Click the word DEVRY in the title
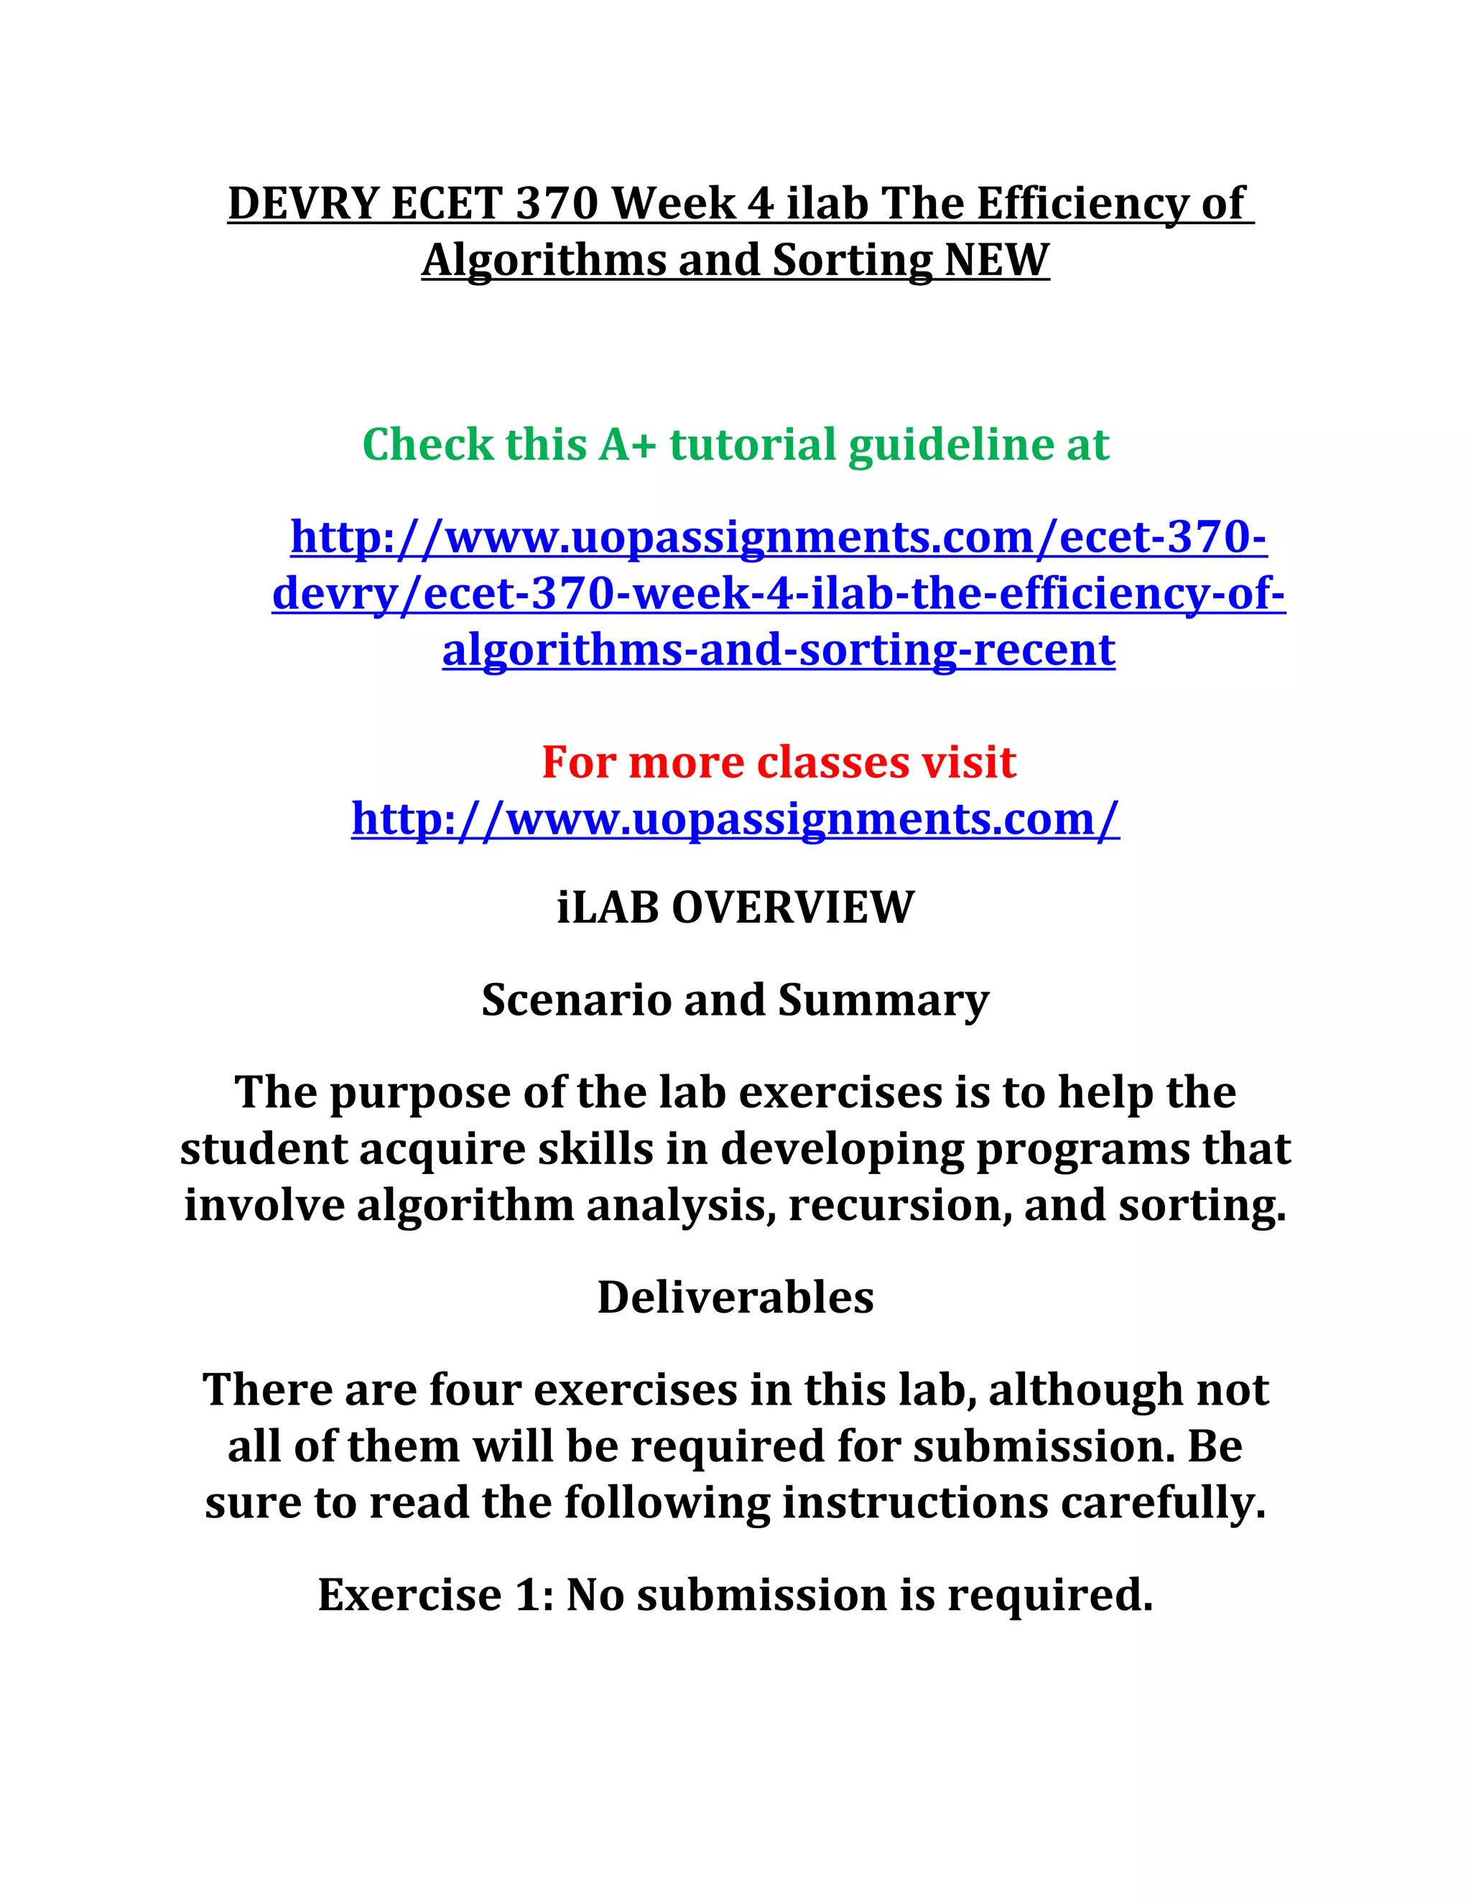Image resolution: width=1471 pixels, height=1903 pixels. coord(302,204)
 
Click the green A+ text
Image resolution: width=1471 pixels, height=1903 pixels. coord(626,445)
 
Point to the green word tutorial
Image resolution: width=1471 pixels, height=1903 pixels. coord(753,445)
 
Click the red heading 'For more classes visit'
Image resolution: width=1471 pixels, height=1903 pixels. coord(778,763)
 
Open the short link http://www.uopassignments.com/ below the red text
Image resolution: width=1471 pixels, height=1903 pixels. coord(735,819)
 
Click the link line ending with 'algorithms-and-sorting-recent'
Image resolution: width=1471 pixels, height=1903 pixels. coord(778,650)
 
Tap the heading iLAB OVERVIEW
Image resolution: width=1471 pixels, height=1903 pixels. coord(735,907)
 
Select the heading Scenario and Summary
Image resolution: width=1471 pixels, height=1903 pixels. coord(735,1000)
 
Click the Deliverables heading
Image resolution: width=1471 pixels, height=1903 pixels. coord(735,1298)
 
